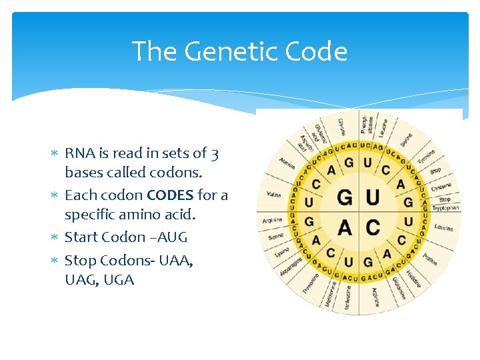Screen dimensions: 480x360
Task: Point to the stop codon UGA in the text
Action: click(x=118, y=280)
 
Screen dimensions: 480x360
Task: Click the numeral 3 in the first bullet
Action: click(x=214, y=153)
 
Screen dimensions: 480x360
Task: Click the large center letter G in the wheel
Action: click(x=345, y=198)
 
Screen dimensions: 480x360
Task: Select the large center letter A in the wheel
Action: click(x=345, y=227)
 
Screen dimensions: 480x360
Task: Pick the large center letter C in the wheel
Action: click(x=373, y=227)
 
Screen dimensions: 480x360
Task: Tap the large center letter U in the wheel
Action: click(x=373, y=198)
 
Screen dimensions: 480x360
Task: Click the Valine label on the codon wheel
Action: click(x=273, y=195)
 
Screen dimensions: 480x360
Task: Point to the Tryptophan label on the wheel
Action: click(x=445, y=208)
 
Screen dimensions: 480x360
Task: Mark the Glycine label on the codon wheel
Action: click(x=341, y=125)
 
